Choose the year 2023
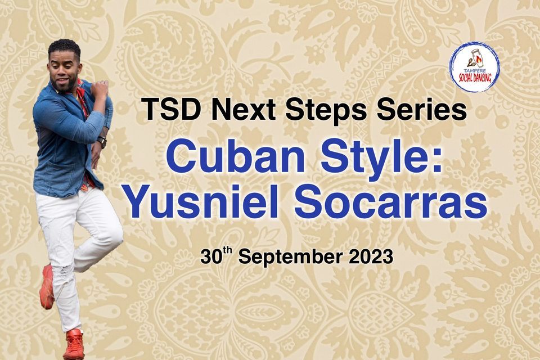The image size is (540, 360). tap(371, 256)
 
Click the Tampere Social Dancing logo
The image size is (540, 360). tap(474, 67)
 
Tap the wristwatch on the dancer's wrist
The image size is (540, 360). tap(102, 142)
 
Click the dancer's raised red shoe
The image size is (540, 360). tap(47, 287)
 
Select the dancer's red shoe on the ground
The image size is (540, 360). tap(74, 344)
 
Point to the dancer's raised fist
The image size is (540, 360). tap(100, 88)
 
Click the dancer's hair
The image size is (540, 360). tap(64, 48)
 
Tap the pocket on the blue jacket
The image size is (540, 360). tap(62, 176)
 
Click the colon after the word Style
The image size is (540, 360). tap(436, 160)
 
